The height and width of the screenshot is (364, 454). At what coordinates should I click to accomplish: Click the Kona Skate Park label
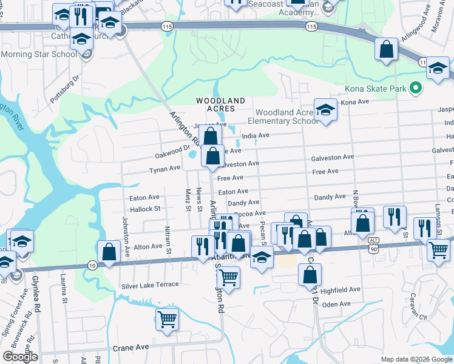(x=375, y=89)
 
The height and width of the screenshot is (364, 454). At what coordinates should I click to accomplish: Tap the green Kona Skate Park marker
(x=416, y=89)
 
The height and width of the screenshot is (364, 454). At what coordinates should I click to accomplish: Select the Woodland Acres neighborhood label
(x=220, y=104)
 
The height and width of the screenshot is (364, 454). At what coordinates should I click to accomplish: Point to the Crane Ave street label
(x=130, y=348)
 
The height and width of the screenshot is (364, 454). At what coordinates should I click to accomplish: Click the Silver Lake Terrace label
(x=150, y=285)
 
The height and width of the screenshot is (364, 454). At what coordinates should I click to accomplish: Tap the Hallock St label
(x=144, y=208)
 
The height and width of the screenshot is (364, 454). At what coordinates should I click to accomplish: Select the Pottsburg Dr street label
(x=65, y=89)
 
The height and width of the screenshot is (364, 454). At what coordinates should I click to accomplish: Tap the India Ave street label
(x=255, y=136)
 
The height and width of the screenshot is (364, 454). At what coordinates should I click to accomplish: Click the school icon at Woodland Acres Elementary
(x=325, y=110)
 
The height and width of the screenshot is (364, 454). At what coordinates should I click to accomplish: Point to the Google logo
(x=20, y=357)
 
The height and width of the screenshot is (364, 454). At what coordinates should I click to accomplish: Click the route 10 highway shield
(x=92, y=265)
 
